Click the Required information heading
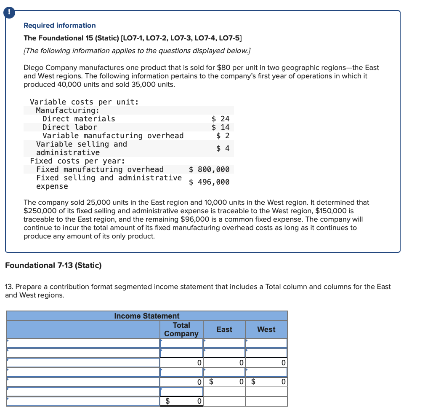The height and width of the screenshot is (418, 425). pyautogui.click(x=59, y=26)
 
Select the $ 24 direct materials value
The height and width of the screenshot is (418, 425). pyautogui.click(x=220, y=119)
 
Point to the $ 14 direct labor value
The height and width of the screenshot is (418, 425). pyautogui.click(x=220, y=127)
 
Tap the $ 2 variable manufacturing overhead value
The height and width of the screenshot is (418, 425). pyautogui.click(x=223, y=136)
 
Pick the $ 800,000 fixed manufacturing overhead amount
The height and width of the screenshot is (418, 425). pyautogui.click(x=209, y=169)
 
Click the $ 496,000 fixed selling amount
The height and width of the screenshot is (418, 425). pyautogui.click(x=209, y=182)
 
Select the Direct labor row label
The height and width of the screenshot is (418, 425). pyautogui.click(x=69, y=127)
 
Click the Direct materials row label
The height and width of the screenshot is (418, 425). pyautogui.click(x=79, y=119)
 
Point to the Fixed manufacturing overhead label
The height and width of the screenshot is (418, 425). pyautogui.click(x=100, y=169)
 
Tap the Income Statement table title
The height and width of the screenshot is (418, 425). pyautogui.click(x=146, y=316)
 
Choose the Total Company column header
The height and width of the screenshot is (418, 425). pyautogui.click(x=181, y=330)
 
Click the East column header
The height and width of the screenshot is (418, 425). pyautogui.click(x=224, y=330)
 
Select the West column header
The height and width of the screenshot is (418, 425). pyautogui.click(x=266, y=330)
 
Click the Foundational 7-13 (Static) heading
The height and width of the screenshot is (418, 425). pyautogui.click(x=53, y=265)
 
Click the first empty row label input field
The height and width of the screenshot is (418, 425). pyautogui.click(x=83, y=343)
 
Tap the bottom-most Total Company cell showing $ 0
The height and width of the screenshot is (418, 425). pyautogui.click(x=181, y=401)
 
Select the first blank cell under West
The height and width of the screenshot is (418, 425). pyautogui.click(x=266, y=343)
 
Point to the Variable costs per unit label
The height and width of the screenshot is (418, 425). pyautogui.click(x=84, y=102)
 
